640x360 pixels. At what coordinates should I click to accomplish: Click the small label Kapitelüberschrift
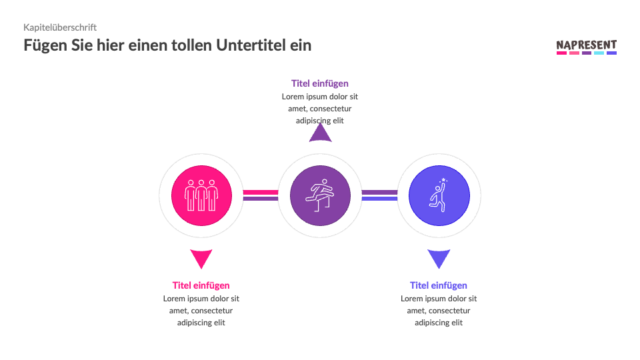point(60,27)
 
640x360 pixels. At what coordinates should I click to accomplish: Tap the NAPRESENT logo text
point(586,45)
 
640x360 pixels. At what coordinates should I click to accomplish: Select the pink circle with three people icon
point(201,195)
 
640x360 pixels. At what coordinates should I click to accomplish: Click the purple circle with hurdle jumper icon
point(320,195)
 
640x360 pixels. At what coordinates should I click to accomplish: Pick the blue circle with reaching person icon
point(439,195)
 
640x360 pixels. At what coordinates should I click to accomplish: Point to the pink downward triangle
point(201,257)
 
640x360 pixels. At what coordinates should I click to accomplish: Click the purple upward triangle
point(320,133)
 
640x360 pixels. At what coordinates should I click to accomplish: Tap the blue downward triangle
point(439,257)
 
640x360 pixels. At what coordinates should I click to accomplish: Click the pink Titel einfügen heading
point(201,285)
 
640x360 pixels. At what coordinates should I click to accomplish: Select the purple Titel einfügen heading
point(320,83)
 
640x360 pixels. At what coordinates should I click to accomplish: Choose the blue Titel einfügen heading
point(439,285)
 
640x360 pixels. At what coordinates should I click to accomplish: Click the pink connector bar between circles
point(260,192)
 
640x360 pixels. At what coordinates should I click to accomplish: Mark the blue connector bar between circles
point(379,199)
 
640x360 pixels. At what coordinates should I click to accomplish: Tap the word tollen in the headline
point(194,45)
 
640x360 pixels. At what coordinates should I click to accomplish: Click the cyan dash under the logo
point(599,53)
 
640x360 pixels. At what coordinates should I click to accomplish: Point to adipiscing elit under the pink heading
point(201,323)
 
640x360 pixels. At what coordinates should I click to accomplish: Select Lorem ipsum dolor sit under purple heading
point(320,97)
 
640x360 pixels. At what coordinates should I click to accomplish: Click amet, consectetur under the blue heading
point(439,311)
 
